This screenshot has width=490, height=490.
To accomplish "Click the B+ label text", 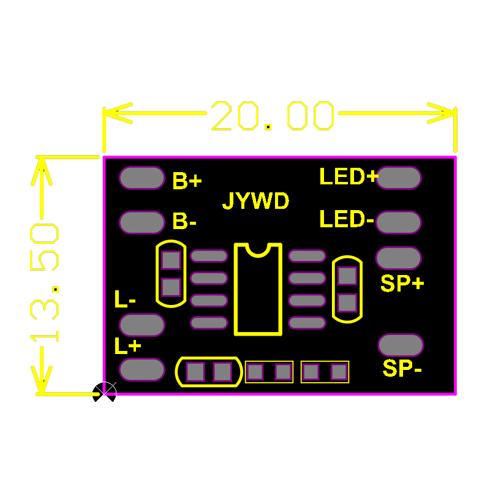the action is (x=187, y=181).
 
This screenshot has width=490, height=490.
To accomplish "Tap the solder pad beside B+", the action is (x=142, y=178).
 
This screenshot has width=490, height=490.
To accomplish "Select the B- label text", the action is (x=184, y=221).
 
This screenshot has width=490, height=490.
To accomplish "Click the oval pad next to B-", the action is (x=142, y=222).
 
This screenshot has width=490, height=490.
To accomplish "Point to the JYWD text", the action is (x=255, y=201).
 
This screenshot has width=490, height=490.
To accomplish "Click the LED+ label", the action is (x=349, y=177).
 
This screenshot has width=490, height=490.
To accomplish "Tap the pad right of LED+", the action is (x=399, y=178).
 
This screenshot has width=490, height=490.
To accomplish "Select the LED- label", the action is (x=347, y=219).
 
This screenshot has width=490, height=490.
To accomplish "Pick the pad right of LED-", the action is (x=398, y=222).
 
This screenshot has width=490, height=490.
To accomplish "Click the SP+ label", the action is (x=402, y=284).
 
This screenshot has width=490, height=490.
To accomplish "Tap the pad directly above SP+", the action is (x=398, y=258).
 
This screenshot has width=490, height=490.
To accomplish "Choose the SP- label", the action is (x=402, y=369).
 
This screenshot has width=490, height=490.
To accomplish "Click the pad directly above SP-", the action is (x=401, y=345).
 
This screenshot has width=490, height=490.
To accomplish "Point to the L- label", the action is (x=126, y=300).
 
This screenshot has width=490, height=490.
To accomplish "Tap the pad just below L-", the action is (x=142, y=325).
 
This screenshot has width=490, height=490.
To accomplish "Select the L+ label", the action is (x=128, y=346).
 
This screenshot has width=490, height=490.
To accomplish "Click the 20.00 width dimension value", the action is (x=273, y=116).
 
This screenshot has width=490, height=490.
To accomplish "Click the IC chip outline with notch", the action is (x=258, y=289).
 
